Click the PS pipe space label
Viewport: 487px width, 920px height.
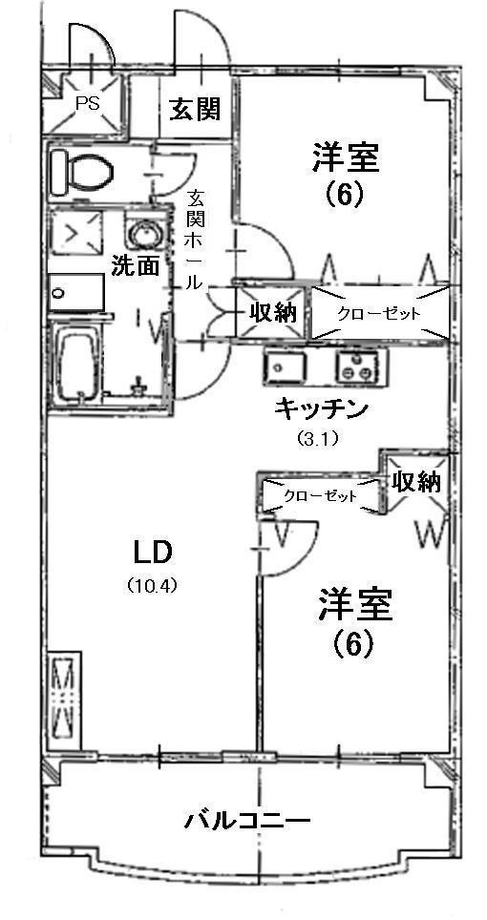88,103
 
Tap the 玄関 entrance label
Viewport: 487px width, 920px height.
195,109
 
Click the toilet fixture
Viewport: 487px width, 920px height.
81,172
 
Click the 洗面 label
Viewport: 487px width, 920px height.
137,267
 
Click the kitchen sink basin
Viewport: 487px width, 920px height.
284,367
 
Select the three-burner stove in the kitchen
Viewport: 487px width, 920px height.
360,367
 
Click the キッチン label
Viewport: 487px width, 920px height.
321,408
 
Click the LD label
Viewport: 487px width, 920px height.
153,553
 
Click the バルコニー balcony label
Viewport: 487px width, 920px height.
247,819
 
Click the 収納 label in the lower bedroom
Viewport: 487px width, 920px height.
416,482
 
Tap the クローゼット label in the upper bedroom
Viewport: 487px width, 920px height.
379,313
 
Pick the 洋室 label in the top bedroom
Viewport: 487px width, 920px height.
346,157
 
